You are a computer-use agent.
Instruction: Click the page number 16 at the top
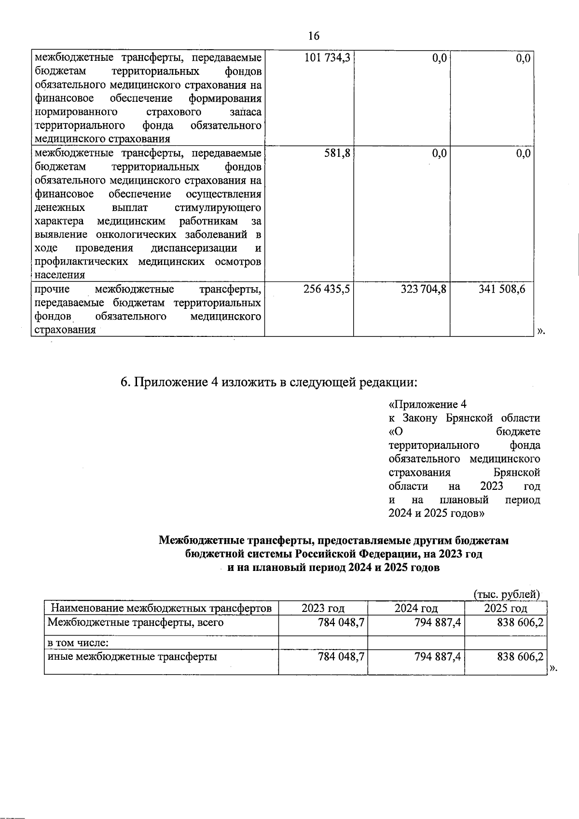(313, 36)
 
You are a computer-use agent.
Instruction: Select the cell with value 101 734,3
(327, 59)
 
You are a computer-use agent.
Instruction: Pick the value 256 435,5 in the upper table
(327, 289)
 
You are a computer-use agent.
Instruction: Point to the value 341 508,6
(502, 289)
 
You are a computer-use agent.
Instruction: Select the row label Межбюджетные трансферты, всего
(135, 623)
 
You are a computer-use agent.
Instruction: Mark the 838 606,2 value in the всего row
(520, 623)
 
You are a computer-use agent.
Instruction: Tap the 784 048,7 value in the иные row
(341, 657)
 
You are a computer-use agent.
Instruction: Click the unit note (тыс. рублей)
(506, 594)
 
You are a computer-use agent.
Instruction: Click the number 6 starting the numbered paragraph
(124, 382)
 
